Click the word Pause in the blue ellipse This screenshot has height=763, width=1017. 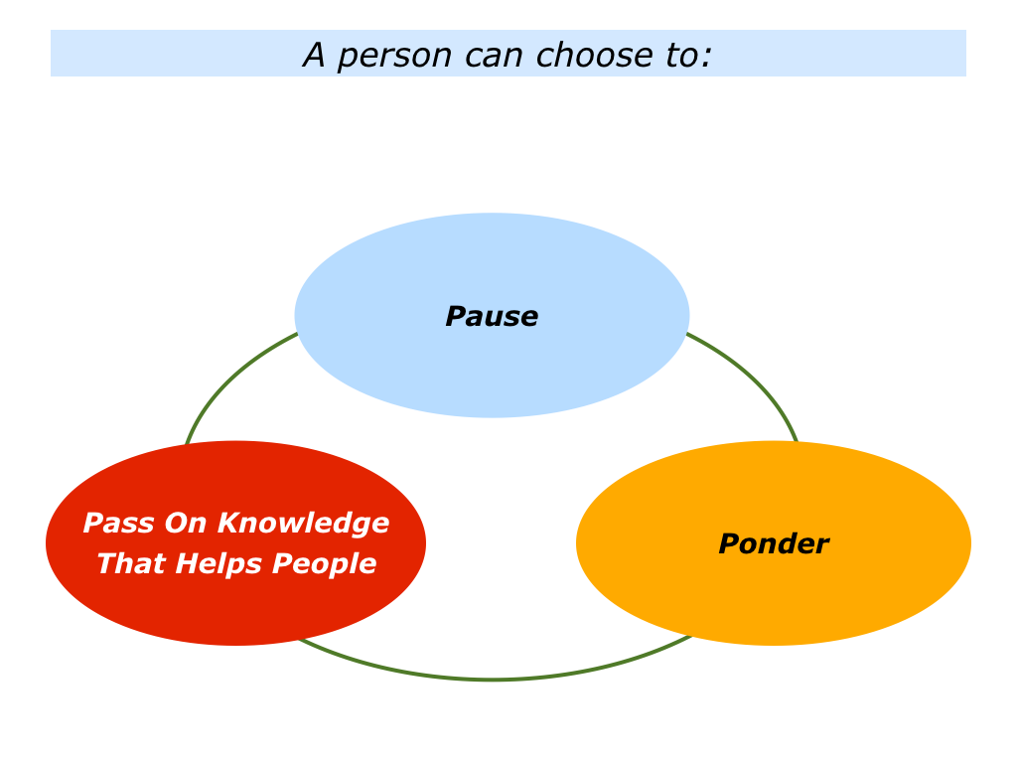pyautogui.click(x=492, y=317)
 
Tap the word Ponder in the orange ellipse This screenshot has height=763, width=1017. pyautogui.click(x=774, y=543)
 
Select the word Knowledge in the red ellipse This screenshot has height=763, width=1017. pyautogui.click(x=304, y=524)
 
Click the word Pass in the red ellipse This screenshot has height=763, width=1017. pyautogui.click(x=119, y=523)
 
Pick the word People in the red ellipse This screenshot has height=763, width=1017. pyautogui.click(x=325, y=564)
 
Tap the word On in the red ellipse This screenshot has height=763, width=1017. pyautogui.click(x=185, y=523)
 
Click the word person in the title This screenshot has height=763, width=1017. pyautogui.click(x=394, y=56)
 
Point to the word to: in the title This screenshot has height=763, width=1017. pyautogui.click(x=689, y=56)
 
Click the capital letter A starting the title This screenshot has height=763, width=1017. pyautogui.click(x=314, y=56)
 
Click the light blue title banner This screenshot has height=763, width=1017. pyautogui.click(x=508, y=54)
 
